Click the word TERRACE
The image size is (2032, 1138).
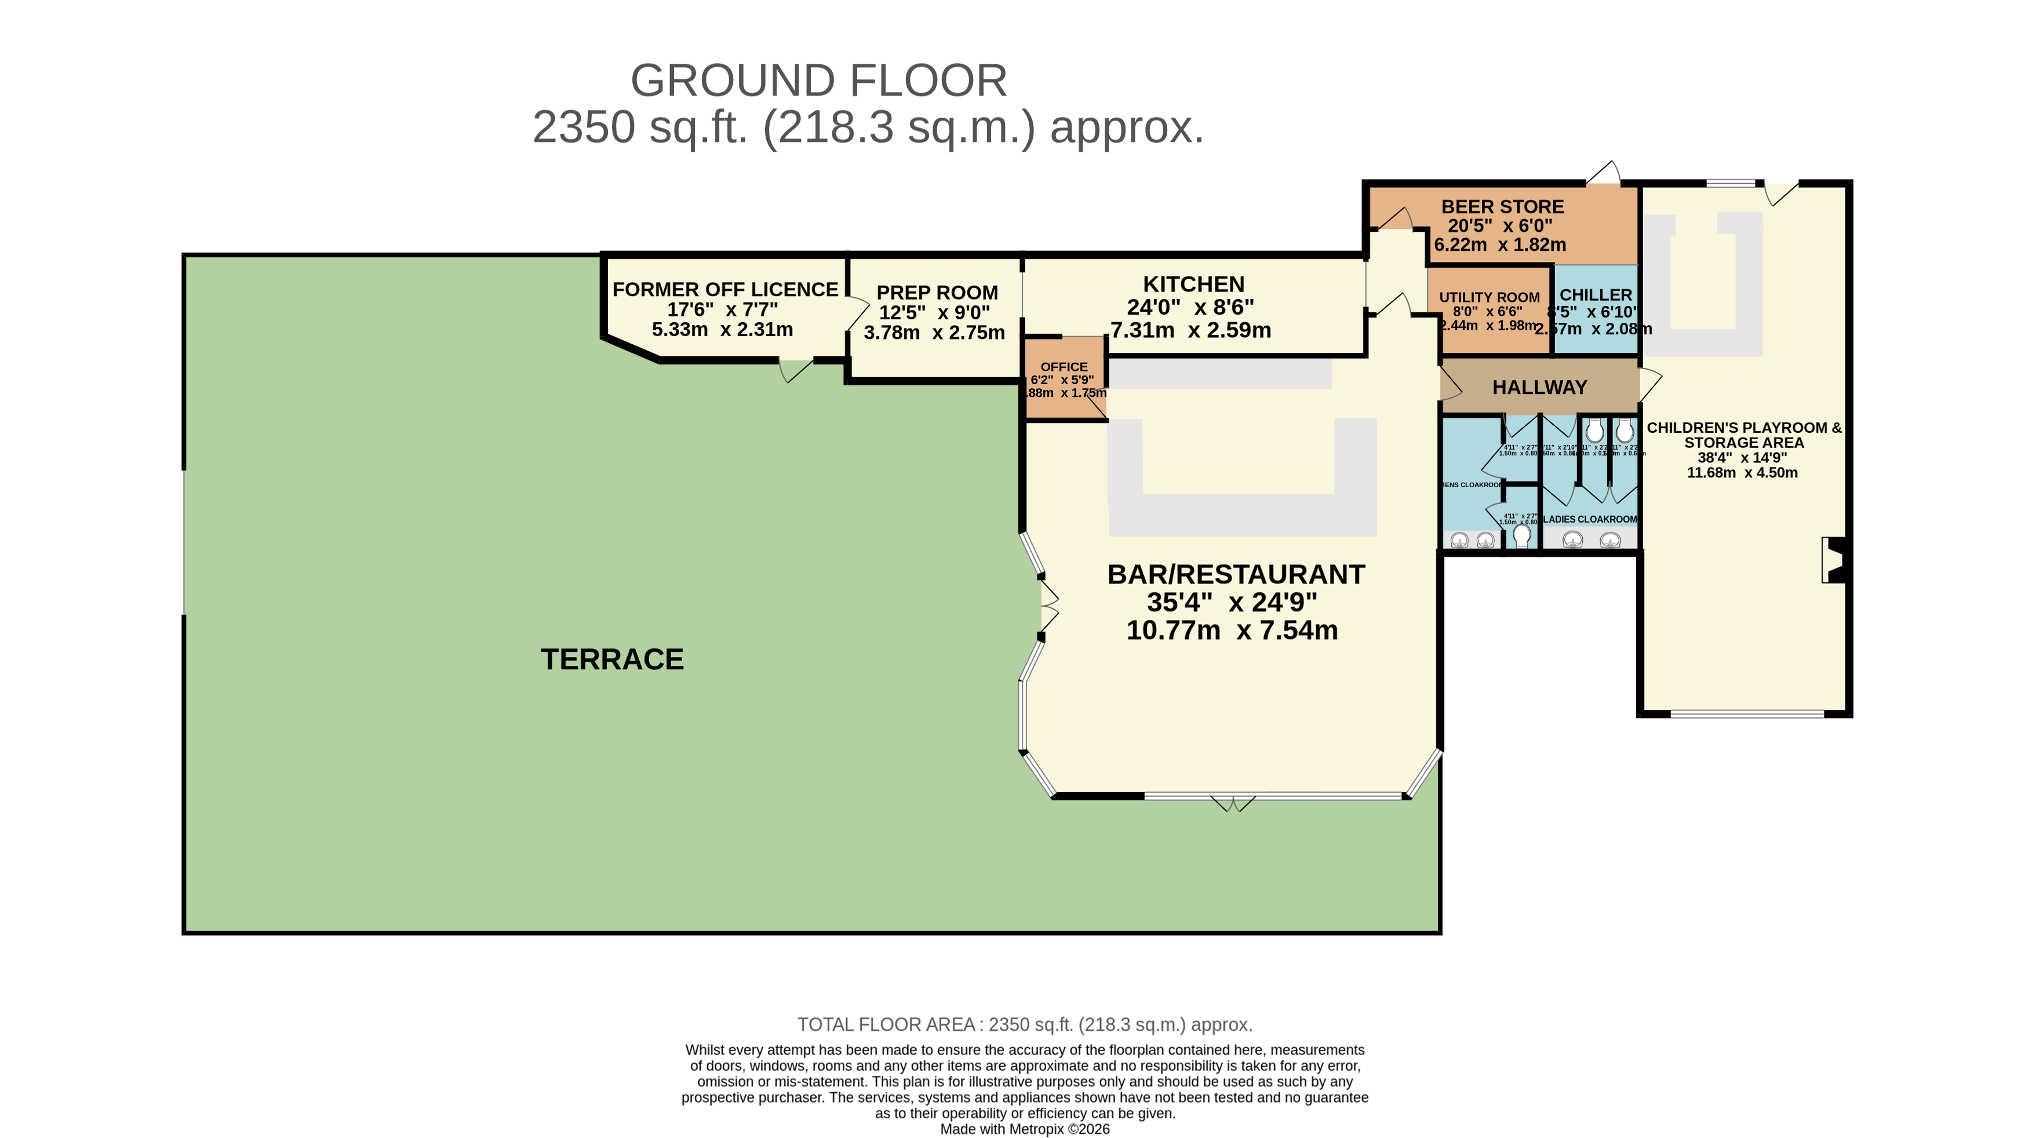[x=612, y=659]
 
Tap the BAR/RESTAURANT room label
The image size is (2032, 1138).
[x=1235, y=574]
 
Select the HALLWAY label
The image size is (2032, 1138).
[x=1539, y=387]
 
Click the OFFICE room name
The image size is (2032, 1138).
[x=1064, y=367]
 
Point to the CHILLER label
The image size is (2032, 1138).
[x=1595, y=294]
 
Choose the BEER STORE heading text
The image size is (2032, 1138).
[x=1502, y=207]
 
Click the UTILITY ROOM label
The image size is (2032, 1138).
[x=1488, y=297]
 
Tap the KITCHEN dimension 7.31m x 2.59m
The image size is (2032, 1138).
[x=1190, y=330]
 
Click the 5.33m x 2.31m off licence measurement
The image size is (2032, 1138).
[x=722, y=330]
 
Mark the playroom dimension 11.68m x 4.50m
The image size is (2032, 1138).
[x=1742, y=472]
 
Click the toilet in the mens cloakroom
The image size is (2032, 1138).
[x=1521, y=535]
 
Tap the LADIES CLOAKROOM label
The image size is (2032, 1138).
[x=1589, y=519]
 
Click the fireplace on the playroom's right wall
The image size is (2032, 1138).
[x=1835, y=560]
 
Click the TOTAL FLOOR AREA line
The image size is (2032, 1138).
[x=1024, y=1024]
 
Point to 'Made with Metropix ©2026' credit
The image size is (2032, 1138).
[x=1024, y=1129]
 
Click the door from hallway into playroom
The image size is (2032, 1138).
[x=1649, y=384]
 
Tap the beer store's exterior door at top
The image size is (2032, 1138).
[x=1604, y=174]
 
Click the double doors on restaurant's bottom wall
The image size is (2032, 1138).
[x=1233, y=804]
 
